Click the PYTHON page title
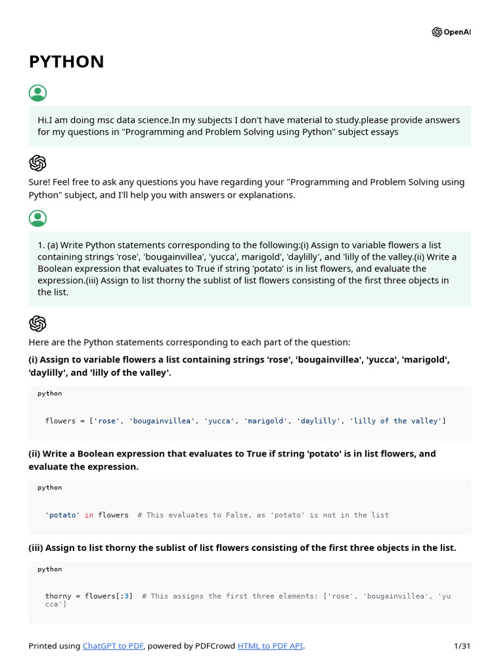[x=66, y=62]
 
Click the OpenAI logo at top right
[x=451, y=33]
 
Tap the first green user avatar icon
[x=38, y=93]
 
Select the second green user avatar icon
[x=38, y=219]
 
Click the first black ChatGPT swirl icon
[x=38, y=163]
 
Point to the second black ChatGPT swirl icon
[x=38, y=323]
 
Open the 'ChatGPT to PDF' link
[x=113, y=646]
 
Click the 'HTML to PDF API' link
[x=270, y=646]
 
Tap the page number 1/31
[x=462, y=646]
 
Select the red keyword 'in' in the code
[x=89, y=515]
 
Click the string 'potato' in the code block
[x=62, y=515]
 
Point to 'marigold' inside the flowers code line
[x=266, y=421]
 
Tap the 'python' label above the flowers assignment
[x=49, y=393]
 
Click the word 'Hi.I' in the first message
[x=46, y=120]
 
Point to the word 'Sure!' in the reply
[x=40, y=182]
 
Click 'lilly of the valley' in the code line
[x=396, y=421]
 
